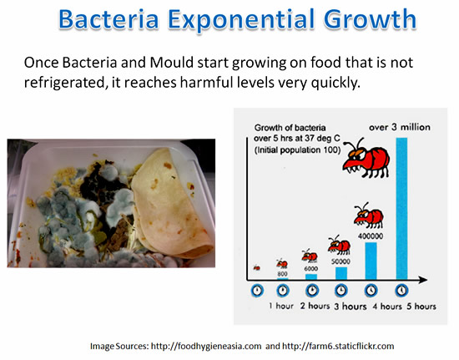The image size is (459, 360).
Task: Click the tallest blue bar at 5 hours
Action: (x=401, y=209)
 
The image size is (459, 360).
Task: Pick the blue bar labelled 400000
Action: (x=371, y=261)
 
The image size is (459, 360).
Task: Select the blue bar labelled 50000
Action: (x=341, y=273)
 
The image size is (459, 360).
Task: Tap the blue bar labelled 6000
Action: (x=311, y=276)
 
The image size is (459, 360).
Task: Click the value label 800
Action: (x=282, y=274)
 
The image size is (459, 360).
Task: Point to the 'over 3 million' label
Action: (x=400, y=127)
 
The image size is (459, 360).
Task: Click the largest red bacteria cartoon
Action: (x=366, y=159)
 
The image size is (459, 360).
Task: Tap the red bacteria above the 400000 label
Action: (x=369, y=216)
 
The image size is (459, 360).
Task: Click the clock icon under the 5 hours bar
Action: (x=401, y=291)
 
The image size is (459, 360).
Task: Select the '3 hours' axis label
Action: (x=351, y=307)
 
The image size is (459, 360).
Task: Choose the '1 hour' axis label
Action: (x=281, y=306)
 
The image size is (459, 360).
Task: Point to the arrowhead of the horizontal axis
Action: (x=423, y=280)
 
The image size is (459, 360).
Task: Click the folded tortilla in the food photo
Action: (x=171, y=202)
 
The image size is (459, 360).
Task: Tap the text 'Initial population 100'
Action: (x=298, y=150)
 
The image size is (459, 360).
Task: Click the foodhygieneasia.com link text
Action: (x=206, y=347)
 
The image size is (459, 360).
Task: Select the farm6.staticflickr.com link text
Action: (x=338, y=347)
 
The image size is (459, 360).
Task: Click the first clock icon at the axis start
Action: (x=257, y=291)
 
